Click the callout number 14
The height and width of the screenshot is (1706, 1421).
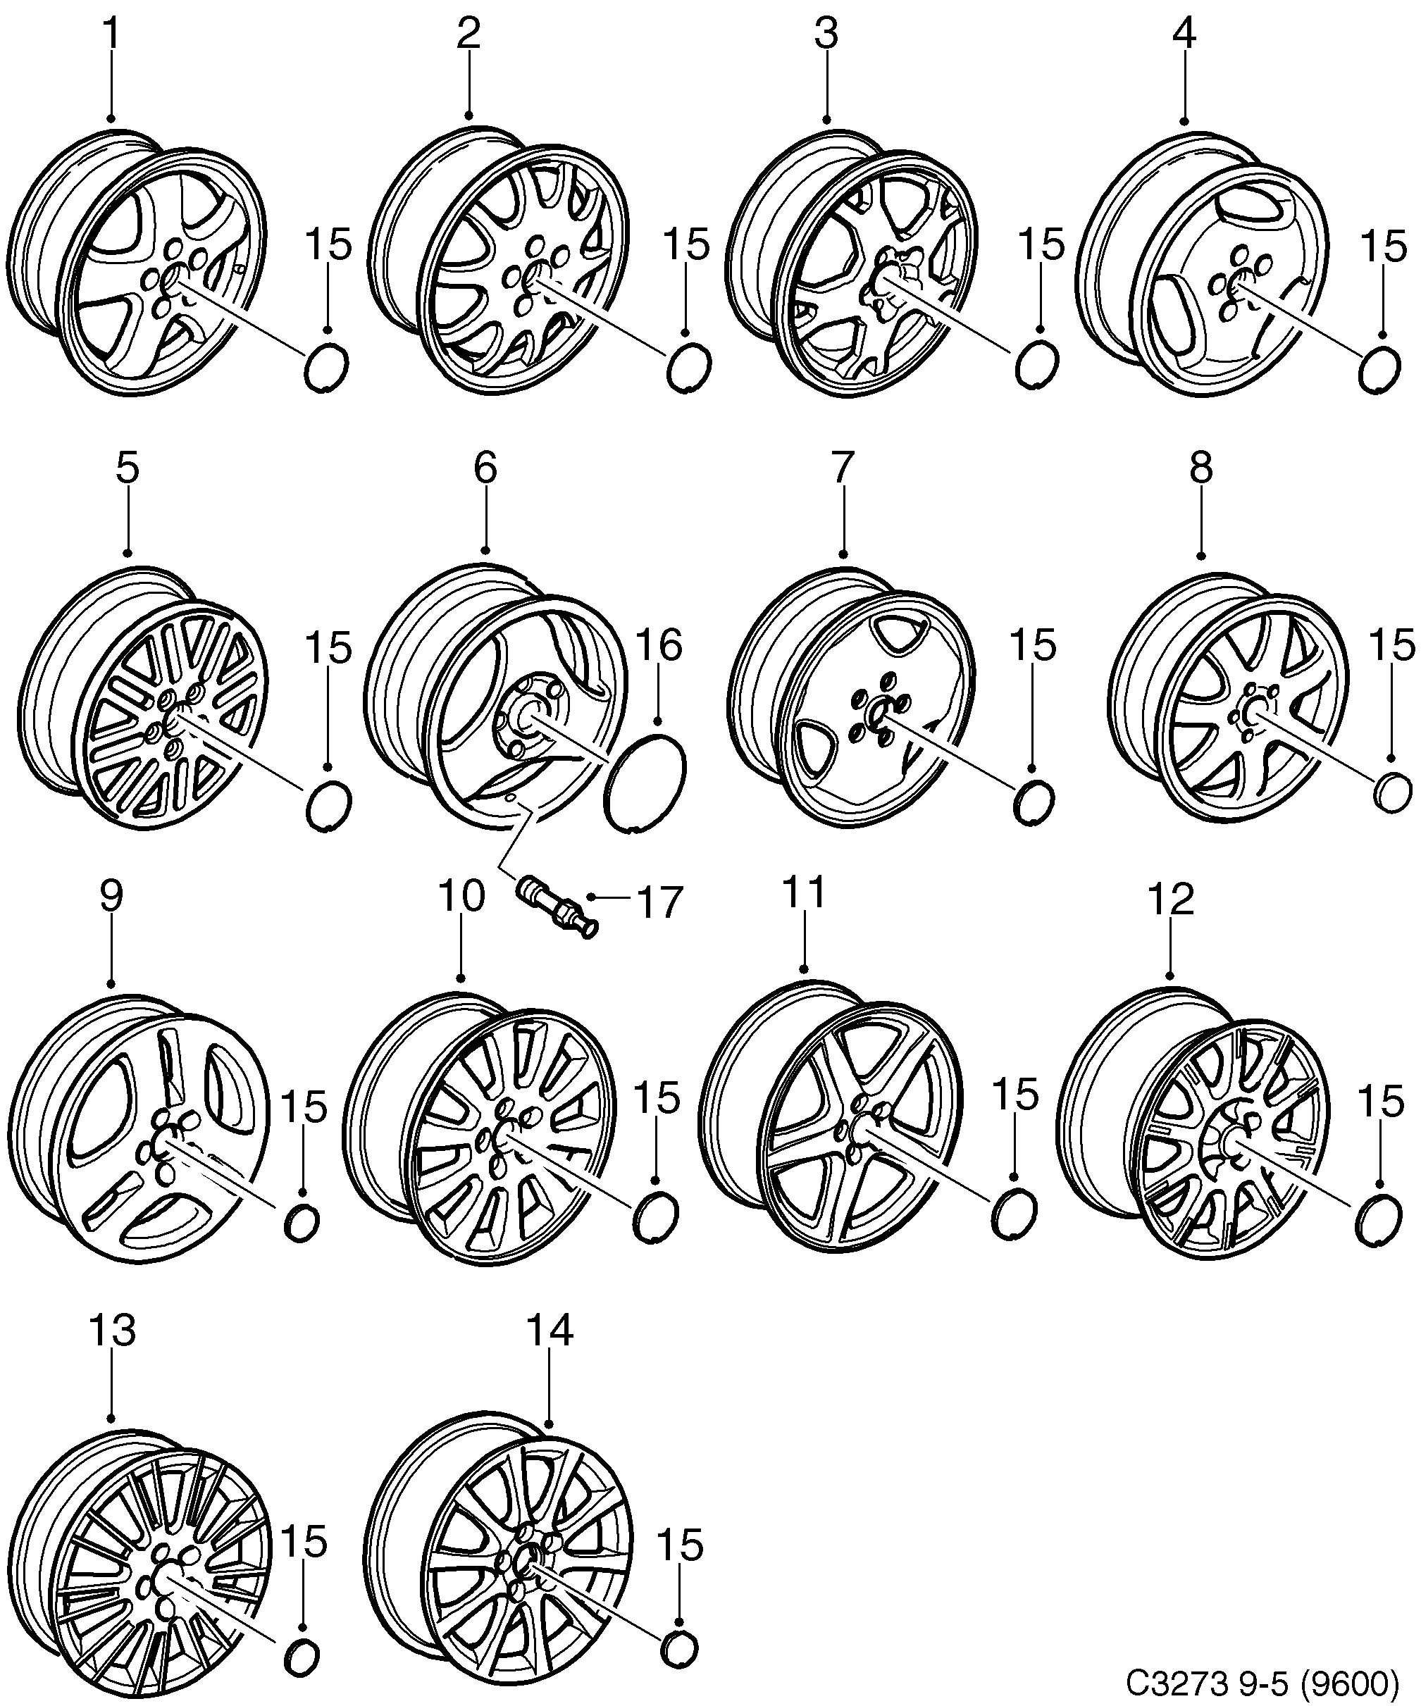click(550, 1331)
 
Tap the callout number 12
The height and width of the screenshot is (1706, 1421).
click(1171, 899)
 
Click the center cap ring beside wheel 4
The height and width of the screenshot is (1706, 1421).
click(1379, 370)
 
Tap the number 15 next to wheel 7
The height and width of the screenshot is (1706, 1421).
click(1033, 646)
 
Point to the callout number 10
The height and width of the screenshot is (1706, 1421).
click(461, 896)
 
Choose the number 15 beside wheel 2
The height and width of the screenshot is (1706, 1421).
click(686, 244)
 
